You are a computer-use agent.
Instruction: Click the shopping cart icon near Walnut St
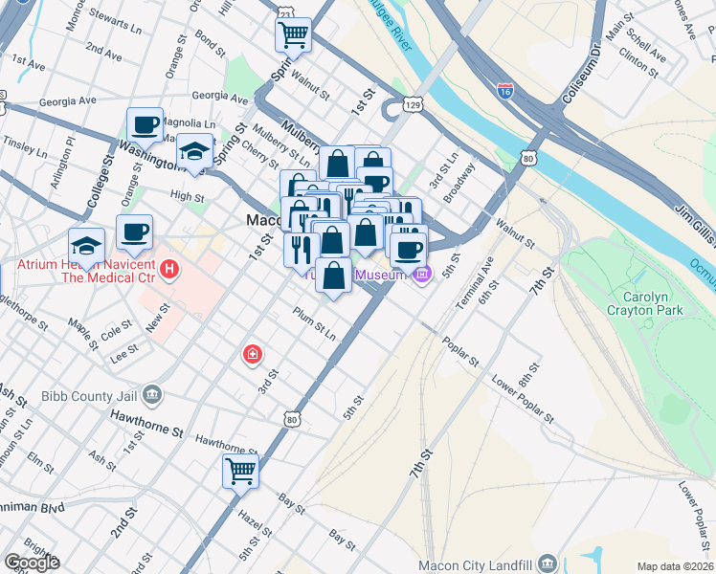click(x=293, y=35)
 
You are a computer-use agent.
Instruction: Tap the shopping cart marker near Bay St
click(x=240, y=470)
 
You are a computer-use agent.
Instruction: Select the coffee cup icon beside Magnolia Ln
click(x=145, y=124)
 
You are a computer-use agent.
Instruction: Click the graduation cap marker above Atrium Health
click(x=86, y=245)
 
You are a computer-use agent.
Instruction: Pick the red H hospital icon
click(x=170, y=269)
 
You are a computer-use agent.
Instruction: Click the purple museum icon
click(x=422, y=275)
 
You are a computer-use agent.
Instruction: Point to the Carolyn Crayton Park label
click(x=644, y=301)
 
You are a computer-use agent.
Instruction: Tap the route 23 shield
click(x=284, y=12)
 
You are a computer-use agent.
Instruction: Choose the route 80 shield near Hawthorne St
click(x=292, y=418)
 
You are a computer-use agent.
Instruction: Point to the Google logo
click(x=31, y=562)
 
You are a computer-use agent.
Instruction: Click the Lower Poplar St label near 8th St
click(x=522, y=400)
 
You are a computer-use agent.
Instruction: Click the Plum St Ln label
click(x=314, y=332)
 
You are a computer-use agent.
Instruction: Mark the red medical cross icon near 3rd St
click(x=251, y=355)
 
